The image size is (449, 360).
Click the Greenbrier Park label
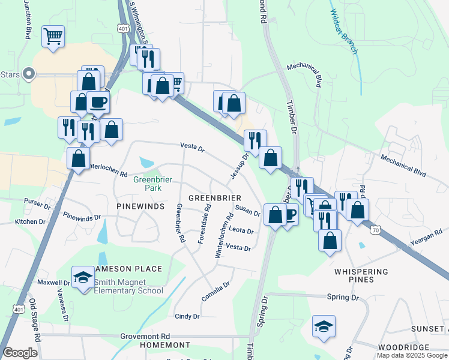pos(148,183)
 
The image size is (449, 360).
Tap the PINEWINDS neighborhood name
pos(140,206)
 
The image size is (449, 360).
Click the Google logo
pos(20,352)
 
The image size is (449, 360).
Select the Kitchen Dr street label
pos(30,221)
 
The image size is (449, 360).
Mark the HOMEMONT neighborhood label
pos(164,346)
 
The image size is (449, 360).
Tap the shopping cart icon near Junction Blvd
pos(53,36)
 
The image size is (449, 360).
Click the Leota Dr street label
pos(241,230)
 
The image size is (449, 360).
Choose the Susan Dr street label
pos(247,211)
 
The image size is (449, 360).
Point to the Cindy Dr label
pos(187,316)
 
